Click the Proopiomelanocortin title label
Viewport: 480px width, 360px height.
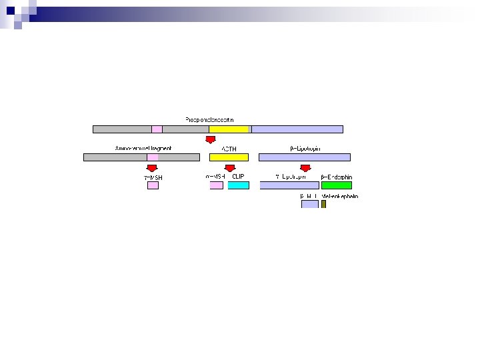(x=209, y=120)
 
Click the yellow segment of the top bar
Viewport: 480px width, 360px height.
(x=229, y=129)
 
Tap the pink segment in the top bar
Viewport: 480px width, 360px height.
(x=157, y=129)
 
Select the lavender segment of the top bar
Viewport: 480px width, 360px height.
(x=297, y=129)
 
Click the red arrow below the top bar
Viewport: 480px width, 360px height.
(x=210, y=139)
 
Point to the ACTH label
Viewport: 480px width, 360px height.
(x=229, y=149)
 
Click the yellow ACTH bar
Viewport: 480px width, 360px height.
(x=229, y=157)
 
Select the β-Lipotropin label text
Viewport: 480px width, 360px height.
(x=305, y=149)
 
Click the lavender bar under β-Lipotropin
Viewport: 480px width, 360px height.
(x=304, y=157)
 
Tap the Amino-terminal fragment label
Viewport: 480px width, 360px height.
(x=143, y=148)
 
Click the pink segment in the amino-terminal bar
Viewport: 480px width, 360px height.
(x=153, y=157)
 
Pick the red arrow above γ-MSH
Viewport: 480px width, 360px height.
(x=152, y=168)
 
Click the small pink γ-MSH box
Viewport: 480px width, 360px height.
(x=153, y=185)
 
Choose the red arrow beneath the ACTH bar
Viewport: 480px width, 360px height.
(x=230, y=168)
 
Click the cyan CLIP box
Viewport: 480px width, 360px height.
(x=238, y=185)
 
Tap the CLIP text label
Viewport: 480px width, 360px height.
(x=238, y=177)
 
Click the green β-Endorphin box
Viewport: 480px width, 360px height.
(x=336, y=185)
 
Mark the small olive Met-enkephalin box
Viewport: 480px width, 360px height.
(x=323, y=204)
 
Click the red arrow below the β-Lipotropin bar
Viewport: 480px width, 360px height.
(x=305, y=168)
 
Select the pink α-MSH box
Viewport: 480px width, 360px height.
(x=216, y=185)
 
